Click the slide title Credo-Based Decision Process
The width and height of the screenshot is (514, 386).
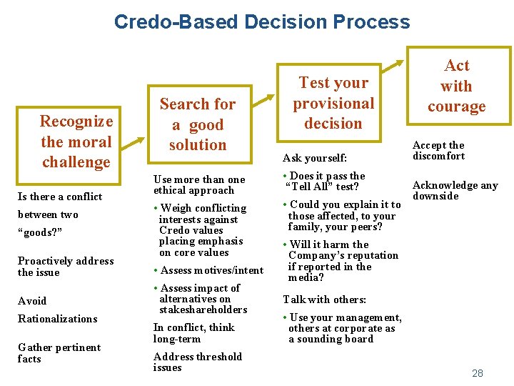(x=262, y=21)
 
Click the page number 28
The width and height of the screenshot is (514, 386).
(x=478, y=373)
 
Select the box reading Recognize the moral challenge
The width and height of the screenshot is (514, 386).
(x=76, y=142)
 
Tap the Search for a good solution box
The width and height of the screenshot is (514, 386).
(x=197, y=124)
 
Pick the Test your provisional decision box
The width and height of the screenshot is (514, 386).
(x=333, y=104)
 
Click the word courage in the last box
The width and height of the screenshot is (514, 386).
(x=456, y=107)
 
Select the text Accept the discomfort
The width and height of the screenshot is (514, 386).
(x=438, y=150)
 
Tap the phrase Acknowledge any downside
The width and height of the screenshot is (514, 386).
(x=455, y=190)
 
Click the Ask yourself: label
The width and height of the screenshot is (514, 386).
(x=314, y=157)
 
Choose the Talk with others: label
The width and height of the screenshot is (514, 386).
(x=314, y=300)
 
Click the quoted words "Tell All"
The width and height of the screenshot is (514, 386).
(x=309, y=187)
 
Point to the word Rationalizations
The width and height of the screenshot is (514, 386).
(x=57, y=319)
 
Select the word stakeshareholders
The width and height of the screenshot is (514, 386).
(x=203, y=310)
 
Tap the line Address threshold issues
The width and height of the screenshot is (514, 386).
(x=197, y=362)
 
